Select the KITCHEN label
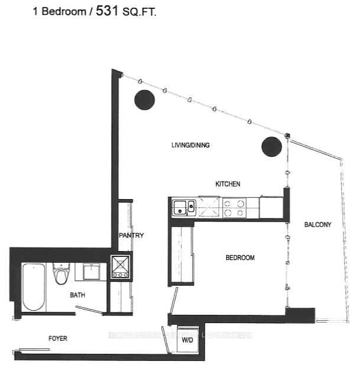[228, 184]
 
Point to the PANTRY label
[132, 235]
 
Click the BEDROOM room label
[240, 258]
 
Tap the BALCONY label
[317, 224]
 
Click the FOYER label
[57, 338]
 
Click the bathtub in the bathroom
[34, 287]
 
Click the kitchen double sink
[183, 207]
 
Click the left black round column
[144, 100]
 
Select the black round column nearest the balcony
[271, 146]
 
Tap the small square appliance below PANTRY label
[120, 266]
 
